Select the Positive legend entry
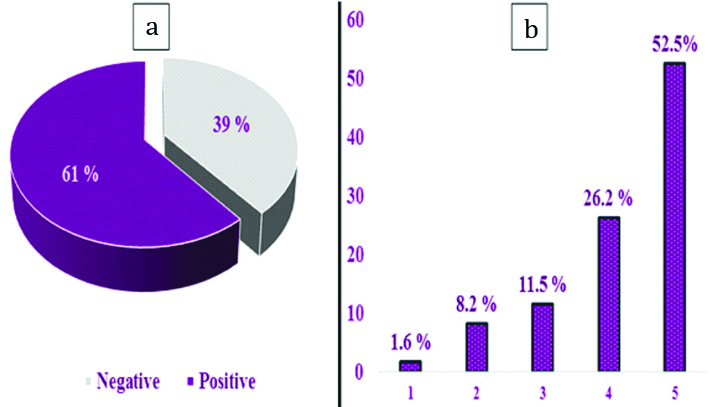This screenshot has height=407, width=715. pyautogui.click(x=221, y=381)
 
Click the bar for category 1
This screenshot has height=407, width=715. pyautogui.click(x=410, y=365)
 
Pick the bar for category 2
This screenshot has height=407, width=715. pyautogui.click(x=476, y=347)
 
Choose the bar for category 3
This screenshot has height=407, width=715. pyautogui.click(x=542, y=337)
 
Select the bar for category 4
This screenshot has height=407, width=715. pyautogui.click(x=608, y=294)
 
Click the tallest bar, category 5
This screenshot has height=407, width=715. pyautogui.click(x=674, y=218)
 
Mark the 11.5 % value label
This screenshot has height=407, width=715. pyautogui.click(x=542, y=286)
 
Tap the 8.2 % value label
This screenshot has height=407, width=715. pyautogui.click(x=476, y=306)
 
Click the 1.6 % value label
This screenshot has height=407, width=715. pyautogui.click(x=410, y=342)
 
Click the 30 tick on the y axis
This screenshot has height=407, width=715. pyautogui.click(x=355, y=196)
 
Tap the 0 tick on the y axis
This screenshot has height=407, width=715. pyautogui.click(x=359, y=372)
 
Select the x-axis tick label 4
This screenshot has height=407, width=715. pyautogui.click(x=608, y=395)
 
